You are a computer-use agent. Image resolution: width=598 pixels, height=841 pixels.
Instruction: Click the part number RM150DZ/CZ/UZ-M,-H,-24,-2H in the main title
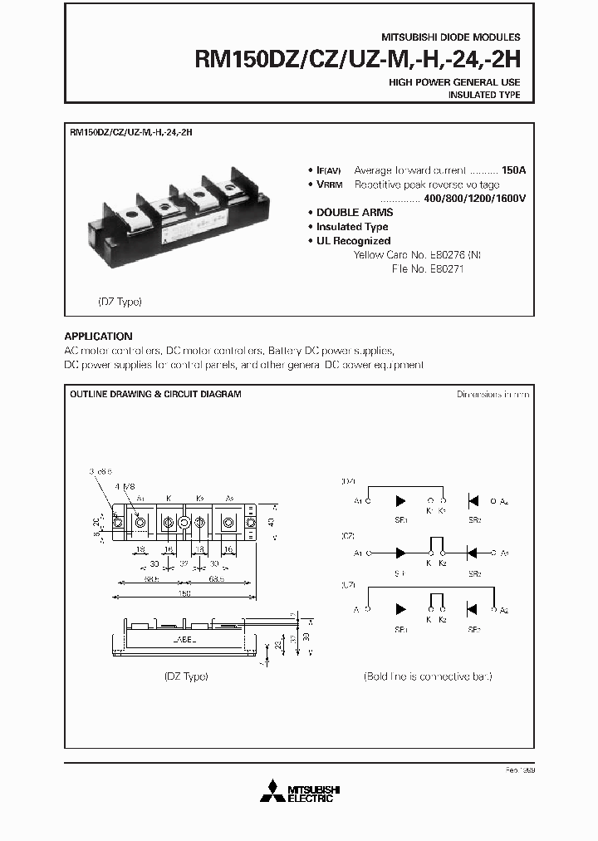coord(357,60)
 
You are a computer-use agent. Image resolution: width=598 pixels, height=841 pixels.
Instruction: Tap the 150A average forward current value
coord(513,170)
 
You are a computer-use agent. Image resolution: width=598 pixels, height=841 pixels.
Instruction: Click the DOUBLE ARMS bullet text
coord(355,213)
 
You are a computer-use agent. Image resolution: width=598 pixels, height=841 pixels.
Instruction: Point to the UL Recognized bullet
coord(353,241)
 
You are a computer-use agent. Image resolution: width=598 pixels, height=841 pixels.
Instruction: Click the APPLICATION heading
coord(98,337)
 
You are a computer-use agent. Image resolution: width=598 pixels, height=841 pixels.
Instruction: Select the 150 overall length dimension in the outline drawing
coord(183,593)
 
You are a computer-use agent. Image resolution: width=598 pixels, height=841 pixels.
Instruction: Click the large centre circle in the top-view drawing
coord(184,523)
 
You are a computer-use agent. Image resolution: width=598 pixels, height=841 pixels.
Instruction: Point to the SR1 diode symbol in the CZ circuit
coord(401,552)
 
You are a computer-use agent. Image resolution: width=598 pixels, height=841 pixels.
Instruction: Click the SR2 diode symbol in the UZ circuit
coord(473,609)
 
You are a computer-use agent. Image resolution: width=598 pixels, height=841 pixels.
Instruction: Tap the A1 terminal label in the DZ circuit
coord(358,501)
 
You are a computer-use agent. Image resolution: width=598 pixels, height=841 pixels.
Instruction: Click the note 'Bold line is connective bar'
coord(428,676)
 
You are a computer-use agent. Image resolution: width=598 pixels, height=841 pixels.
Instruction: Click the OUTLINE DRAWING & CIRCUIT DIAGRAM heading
coord(155,394)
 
